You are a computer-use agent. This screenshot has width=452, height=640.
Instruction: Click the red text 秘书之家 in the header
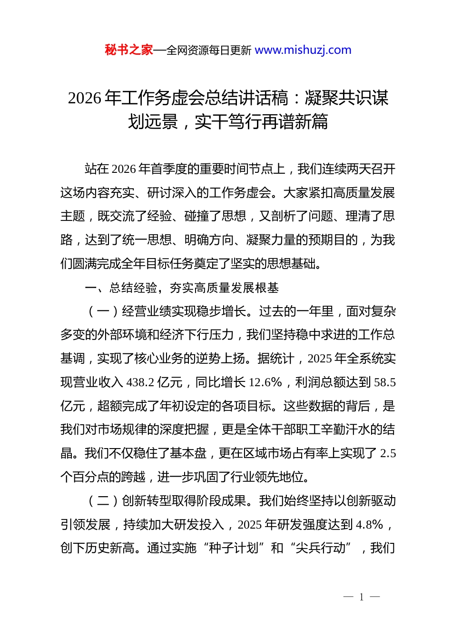coord(128,50)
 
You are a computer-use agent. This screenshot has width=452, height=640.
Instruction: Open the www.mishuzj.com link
coord(303,50)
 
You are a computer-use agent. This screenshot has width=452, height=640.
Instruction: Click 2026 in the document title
coord(84,98)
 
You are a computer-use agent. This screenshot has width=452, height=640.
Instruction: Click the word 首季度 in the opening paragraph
coord(168,169)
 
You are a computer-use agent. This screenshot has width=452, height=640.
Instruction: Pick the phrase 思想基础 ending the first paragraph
coord(290,263)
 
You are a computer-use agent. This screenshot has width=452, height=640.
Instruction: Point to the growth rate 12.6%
coord(265,382)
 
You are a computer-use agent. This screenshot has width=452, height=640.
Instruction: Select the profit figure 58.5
coord(385,382)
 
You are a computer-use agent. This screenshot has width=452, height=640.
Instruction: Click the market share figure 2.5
coord(388,453)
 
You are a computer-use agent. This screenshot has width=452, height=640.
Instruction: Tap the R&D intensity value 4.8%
coord(369,525)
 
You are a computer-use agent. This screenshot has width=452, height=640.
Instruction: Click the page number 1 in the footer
coord(362,597)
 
